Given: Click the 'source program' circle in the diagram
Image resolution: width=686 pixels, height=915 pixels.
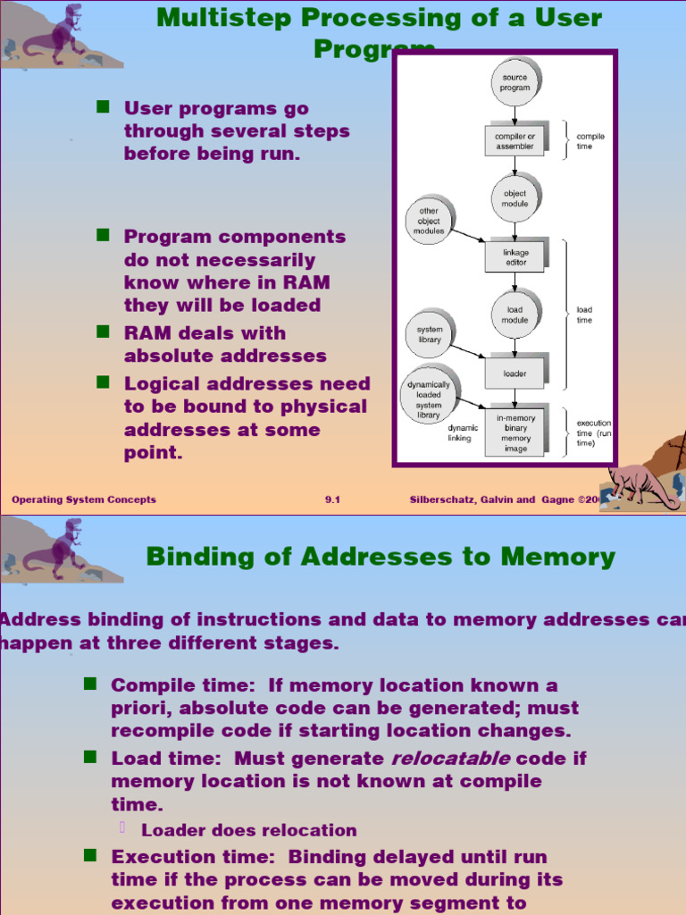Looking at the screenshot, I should [514, 82].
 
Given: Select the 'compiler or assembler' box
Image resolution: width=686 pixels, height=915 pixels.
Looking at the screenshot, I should [515, 141].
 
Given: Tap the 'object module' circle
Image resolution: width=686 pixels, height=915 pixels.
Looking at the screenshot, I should [514, 198].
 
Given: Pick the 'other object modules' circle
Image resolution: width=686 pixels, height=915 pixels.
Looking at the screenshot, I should [429, 221].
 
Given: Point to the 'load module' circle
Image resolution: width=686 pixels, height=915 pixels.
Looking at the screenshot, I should [514, 315].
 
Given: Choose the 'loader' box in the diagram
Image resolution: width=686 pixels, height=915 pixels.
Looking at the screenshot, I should [515, 374].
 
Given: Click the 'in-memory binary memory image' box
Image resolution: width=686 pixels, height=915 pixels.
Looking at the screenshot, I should [515, 432].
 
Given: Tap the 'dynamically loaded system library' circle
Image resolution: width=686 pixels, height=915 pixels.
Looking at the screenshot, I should [429, 399].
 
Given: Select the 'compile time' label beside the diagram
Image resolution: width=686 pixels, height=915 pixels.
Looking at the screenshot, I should [590, 141].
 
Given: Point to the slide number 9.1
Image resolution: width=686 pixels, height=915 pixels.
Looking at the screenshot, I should [332, 499].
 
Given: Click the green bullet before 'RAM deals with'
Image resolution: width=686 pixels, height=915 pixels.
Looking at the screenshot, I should [103, 332].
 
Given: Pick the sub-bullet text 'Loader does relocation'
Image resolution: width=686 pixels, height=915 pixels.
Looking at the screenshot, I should [248, 830].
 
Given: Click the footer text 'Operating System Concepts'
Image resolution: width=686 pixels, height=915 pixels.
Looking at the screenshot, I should [84, 499].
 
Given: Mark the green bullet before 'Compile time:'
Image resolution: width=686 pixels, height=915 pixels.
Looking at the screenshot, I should [89, 684].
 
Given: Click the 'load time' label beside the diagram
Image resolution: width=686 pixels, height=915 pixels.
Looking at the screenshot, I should [584, 315].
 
